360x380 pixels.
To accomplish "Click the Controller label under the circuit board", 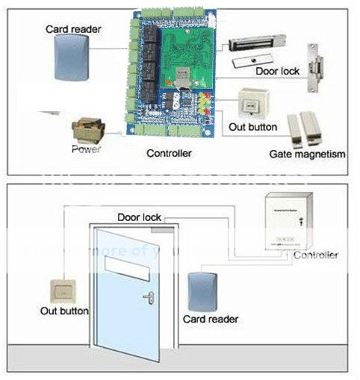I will coord(168,153).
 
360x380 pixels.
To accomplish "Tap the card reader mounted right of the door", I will coord(204,290).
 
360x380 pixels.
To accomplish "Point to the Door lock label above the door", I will coord(140,217).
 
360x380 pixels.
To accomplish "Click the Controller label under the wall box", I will coord(315,255).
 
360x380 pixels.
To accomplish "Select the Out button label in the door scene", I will coord(64,311).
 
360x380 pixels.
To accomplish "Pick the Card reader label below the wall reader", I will coord(211,319).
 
